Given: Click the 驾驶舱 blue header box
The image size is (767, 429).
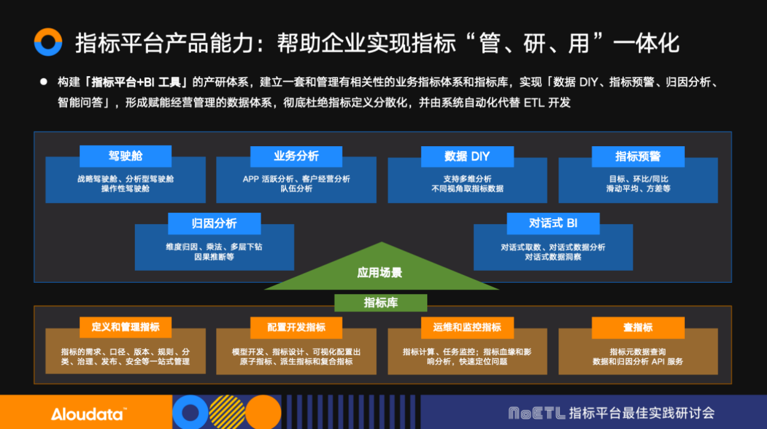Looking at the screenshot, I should (x=125, y=156).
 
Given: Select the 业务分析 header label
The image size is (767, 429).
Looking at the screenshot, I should (x=296, y=156).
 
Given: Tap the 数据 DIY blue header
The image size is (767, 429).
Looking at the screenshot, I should (x=467, y=156).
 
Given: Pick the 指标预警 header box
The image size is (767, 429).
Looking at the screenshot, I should (x=638, y=156).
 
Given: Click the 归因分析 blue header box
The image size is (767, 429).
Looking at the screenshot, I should (x=214, y=223).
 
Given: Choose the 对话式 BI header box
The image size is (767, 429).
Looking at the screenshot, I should (x=553, y=223).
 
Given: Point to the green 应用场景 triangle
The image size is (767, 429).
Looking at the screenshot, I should (x=381, y=271).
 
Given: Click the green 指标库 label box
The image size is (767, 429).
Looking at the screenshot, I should (x=381, y=303).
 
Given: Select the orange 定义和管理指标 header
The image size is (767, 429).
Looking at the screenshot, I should (x=125, y=327).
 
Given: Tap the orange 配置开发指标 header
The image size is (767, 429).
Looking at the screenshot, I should (x=296, y=327).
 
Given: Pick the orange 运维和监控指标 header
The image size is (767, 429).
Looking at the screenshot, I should (x=467, y=327).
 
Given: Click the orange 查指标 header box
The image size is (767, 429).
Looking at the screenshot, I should (x=638, y=327).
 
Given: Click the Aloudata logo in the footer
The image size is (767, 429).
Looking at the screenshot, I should (x=88, y=413).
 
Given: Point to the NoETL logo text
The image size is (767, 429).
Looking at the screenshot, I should (x=536, y=413).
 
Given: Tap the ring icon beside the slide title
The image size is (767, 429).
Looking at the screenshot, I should (x=48, y=43).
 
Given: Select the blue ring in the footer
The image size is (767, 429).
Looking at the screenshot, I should (x=191, y=412).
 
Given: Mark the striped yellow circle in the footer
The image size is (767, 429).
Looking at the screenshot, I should (x=227, y=412).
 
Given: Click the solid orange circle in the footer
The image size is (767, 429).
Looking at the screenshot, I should (x=263, y=412).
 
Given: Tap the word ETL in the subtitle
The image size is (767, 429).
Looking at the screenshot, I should (x=533, y=102).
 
